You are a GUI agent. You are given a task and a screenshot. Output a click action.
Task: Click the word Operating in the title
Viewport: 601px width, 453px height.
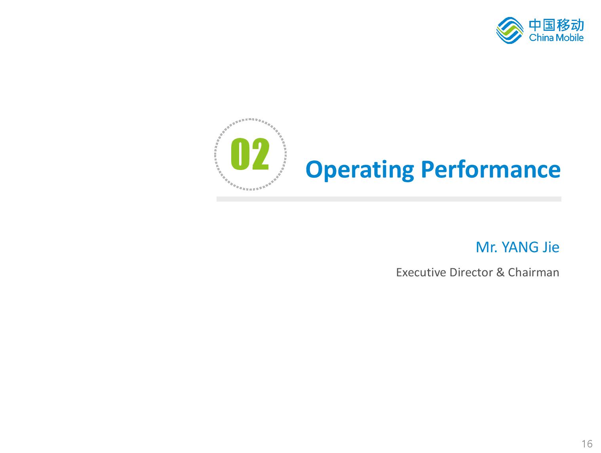coord(359,170)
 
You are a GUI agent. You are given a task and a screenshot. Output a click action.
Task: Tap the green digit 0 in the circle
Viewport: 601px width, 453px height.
coord(240,154)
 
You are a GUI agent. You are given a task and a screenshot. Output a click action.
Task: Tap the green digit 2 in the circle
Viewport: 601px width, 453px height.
coord(260,154)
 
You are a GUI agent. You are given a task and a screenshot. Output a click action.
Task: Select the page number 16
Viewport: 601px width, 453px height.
coord(587,444)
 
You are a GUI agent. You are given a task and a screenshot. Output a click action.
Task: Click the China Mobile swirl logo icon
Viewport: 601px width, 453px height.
coord(510,30)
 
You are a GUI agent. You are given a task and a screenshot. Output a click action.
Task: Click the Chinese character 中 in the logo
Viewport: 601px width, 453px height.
coord(535,25)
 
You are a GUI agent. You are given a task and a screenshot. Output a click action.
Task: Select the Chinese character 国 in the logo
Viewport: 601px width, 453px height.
coord(549,25)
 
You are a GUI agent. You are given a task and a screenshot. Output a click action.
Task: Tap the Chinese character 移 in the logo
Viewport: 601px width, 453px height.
coord(563,25)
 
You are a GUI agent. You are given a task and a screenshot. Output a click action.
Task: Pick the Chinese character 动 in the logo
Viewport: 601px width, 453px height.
coord(577,25)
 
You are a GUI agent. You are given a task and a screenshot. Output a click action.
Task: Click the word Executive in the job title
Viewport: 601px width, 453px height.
coord(421,272)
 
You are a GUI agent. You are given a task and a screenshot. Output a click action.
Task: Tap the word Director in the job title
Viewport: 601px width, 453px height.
coord(471,272)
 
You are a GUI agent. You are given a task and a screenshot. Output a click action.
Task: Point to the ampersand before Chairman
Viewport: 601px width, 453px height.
coord(500,272)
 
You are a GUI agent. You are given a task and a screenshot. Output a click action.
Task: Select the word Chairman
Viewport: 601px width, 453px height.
coord(533,272)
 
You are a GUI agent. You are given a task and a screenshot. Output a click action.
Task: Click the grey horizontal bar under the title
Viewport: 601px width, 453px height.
coord(389,199)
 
